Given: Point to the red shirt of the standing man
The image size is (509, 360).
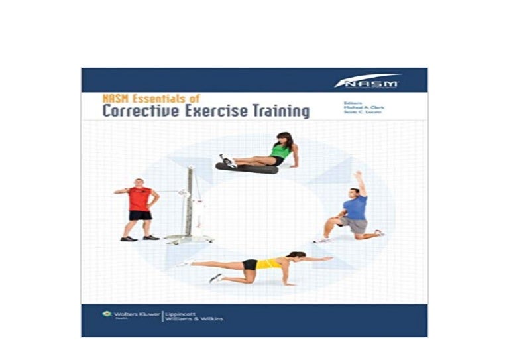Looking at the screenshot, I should click(x=139, y=198).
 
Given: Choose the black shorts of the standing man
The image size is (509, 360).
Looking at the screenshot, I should click(x=140, y=215).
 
